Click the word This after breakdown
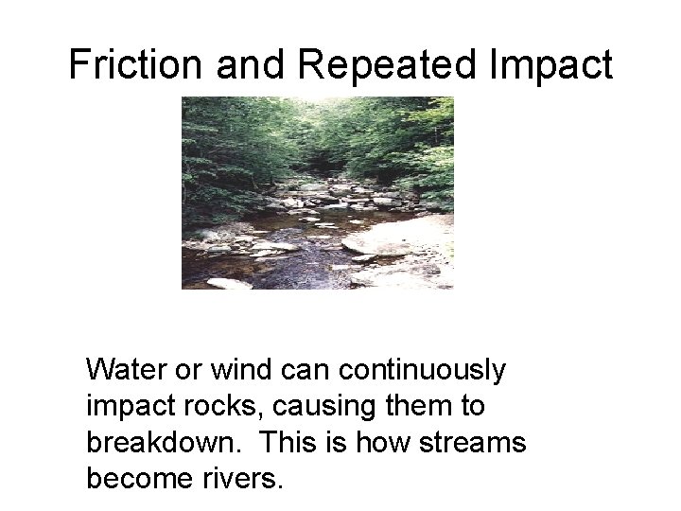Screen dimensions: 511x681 coord(287,442)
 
